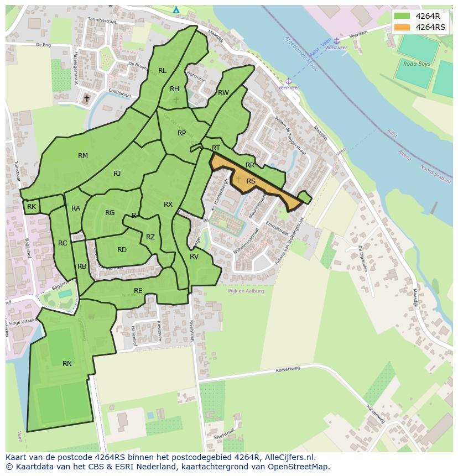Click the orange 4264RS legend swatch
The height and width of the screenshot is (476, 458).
pyautogui.click(x=402, y=27)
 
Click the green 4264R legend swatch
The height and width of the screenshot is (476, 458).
pyautogui.click(x=402, y=16)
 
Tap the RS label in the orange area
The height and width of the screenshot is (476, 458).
pyautogui.click(x=251, y=181)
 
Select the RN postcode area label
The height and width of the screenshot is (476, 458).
pyautogui.click(x=67, y=363)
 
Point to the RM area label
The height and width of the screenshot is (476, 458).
pyautogui.click(x=83, y=156)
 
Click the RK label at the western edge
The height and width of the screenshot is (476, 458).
pyautogui.click(x=32, y=207)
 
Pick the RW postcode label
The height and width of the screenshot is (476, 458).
pyautogui.click(x=223, y=93)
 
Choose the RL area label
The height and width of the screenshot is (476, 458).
pyautogui.click(x=162, y=71)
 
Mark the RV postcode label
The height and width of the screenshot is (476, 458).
pyautogui.click(x=194, y=257)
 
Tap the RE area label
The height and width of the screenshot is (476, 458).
pyautogui.click(x=138, y=290)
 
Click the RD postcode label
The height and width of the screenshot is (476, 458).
pyautogui.click(x=122, y=250)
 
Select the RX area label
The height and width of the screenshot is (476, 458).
pyautogui.click(x=168, y=205)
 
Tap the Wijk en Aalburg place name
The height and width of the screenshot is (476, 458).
pyautogui.click(x=246, y=291)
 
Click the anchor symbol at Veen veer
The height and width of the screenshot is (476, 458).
pyautogui.click(x=288, y=81)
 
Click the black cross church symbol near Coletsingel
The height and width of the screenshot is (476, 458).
pyautogui.click(x=86, y=99)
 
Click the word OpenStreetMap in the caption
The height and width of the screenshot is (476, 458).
pyautogui.click(x=301, y=467)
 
